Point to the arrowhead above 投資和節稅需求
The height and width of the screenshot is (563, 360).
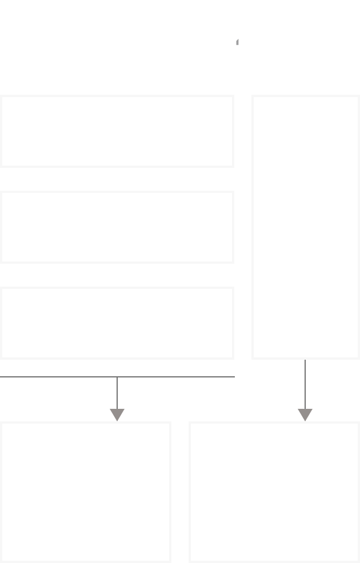(x=117, y=415)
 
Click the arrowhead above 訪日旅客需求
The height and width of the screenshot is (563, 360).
(x=305, y=415)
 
